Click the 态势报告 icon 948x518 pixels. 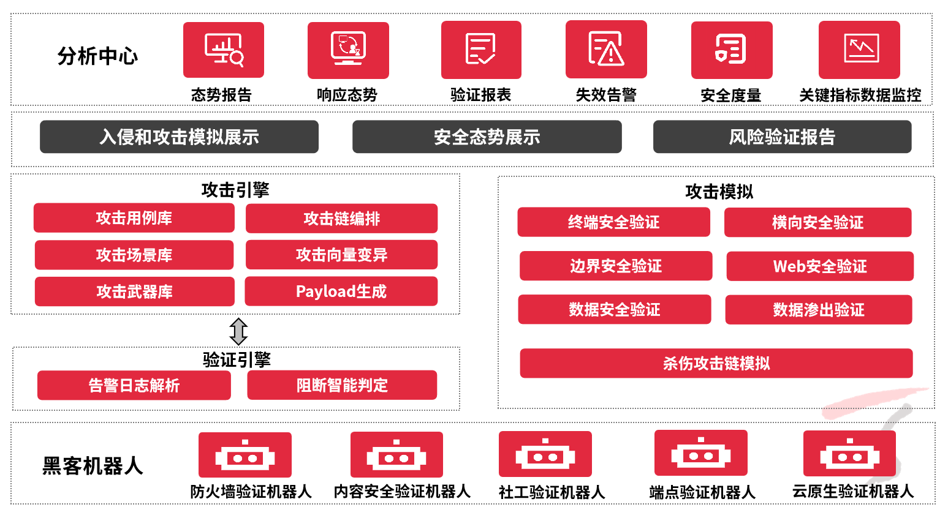[x=224, y=50]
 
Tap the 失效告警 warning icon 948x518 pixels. [x=606, y=50]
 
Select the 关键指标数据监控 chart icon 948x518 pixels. [x=859, y=50]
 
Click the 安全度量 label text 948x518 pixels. [x=731, y=96]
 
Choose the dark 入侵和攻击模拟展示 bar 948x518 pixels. [x=179, y=137]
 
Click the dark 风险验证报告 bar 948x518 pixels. [x=782, y=137]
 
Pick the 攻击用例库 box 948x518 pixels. [x=134, y=218]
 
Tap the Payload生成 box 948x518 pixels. [x=341, y=291]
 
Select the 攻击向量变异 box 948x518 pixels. [x=341, y=255]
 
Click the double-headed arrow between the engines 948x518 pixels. [x=238, y=331]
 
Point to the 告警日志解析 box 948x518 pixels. [x=134, y=385]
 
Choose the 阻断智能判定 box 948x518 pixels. [x=342, y=385]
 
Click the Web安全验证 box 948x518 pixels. [x=820, y=266]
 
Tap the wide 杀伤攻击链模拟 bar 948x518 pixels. [x=716, y=364]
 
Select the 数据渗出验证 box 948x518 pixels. [x=819, y=310]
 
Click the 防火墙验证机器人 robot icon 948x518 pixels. [x=245, y=455]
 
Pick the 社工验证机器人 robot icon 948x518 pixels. [x=545, y=454]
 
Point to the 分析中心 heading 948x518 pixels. [x=98, y=56]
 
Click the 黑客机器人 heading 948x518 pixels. [x=93, y=466]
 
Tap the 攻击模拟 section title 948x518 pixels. [x=719, y=192]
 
